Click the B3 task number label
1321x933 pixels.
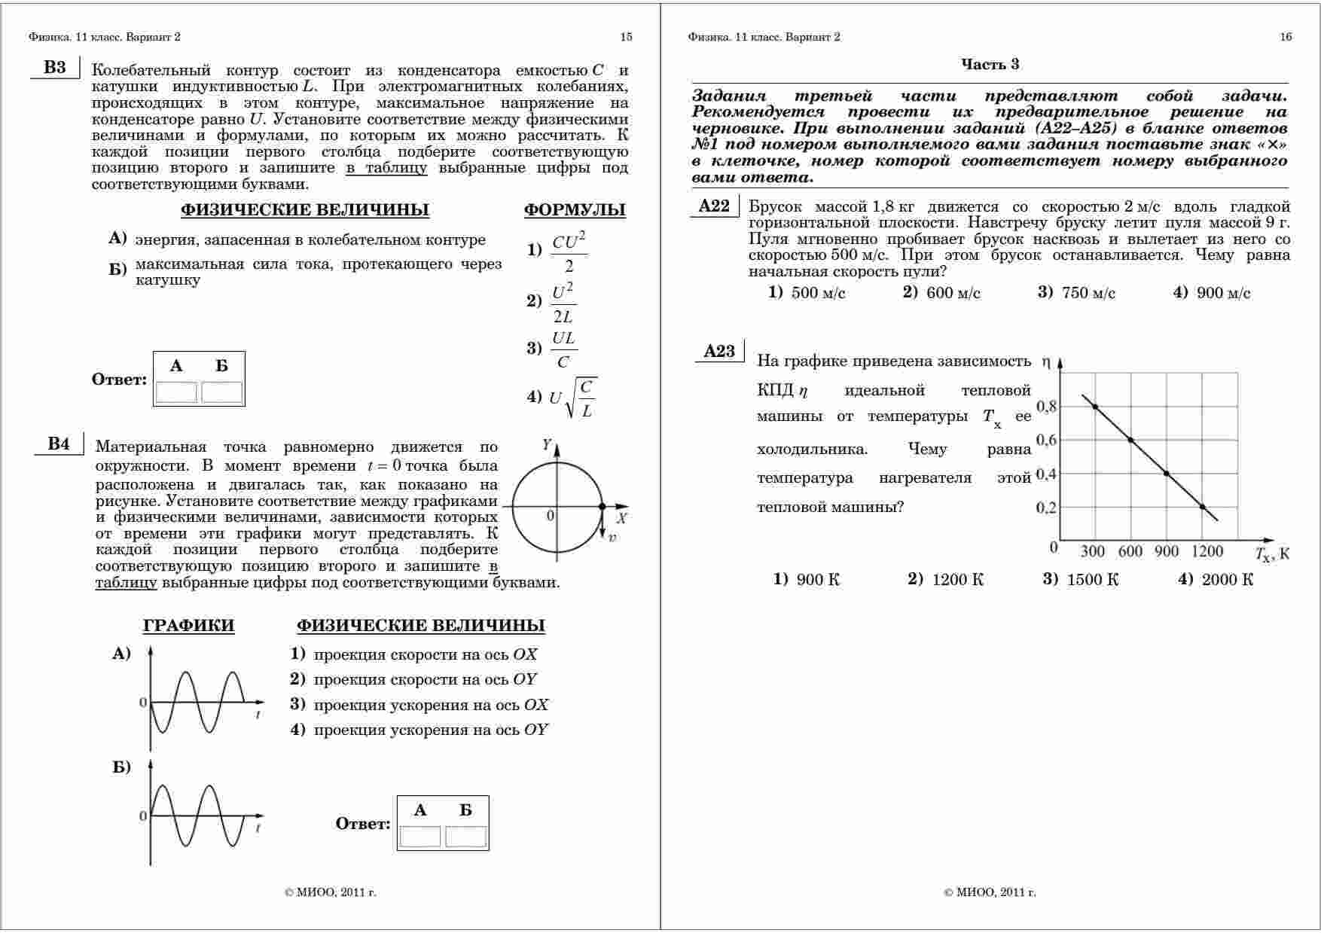54,68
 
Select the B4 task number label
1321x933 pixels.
59,444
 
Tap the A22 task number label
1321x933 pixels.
714,206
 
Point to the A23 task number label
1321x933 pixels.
719,351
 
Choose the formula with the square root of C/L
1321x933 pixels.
572,397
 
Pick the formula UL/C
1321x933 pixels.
563,349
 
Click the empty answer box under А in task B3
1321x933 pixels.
176,392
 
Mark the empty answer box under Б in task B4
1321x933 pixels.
465,837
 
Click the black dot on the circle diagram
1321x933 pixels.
602,507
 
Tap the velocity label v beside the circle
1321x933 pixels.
612,538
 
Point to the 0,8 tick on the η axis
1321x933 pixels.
1047,407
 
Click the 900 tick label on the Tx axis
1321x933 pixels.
1166,551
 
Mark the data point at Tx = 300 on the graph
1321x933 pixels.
1094,407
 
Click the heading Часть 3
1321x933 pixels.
990,65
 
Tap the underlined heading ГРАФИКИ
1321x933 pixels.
188,626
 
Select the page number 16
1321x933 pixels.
1286,37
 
